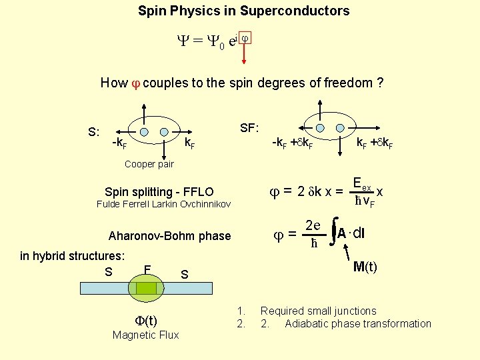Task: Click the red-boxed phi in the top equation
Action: coord(244,39)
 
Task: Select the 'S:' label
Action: coord(94,132)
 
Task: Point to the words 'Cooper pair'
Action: coord(149,164)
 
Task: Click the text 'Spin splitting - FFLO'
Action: coord(159,192)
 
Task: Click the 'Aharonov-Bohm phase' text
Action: coord(169,236)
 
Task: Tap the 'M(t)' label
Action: coord(365,267)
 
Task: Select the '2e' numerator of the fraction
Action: coord(313,225)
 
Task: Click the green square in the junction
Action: coord(146,288)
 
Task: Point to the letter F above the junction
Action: coord(147,269)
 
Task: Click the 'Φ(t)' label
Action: coord(145,321)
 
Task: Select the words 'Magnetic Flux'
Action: coord(145,335)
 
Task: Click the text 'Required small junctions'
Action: coord(318,311)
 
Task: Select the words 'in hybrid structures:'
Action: coord(72,255)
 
